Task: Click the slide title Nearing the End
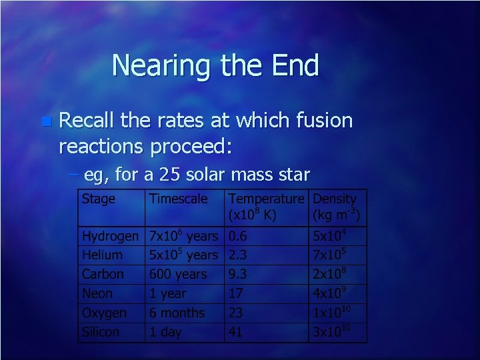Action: pyautogui.click(x=215, y=66)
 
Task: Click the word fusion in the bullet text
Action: pyautogui.click(x=319, y=121)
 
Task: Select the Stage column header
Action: pyautogui.click(x=98, y=199)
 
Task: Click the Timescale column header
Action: pyautogui.click(x=178, y=199)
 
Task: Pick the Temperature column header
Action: pyautogui.click(x=266, y=199)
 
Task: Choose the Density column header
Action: pyautogui.click(x=335, y=199)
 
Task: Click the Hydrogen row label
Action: pyautogui.click(x=110, y=236)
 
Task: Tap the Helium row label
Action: pyautogui.click(x=102, y=255)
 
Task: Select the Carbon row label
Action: pyautogui.click(x=103, y=274)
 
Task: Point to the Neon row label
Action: pyautogui.click(x=97, y=293)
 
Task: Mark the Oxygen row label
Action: pyautogui.click(x=104, y=313)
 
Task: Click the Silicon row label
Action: pyautogui.click(x=101, y=332)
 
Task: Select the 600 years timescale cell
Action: pyautogui.click(x=178, y=274)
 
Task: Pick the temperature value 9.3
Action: pyautogui.click(x=239, y=274)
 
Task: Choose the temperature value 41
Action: pyautogui.click(x=236, y=332)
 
